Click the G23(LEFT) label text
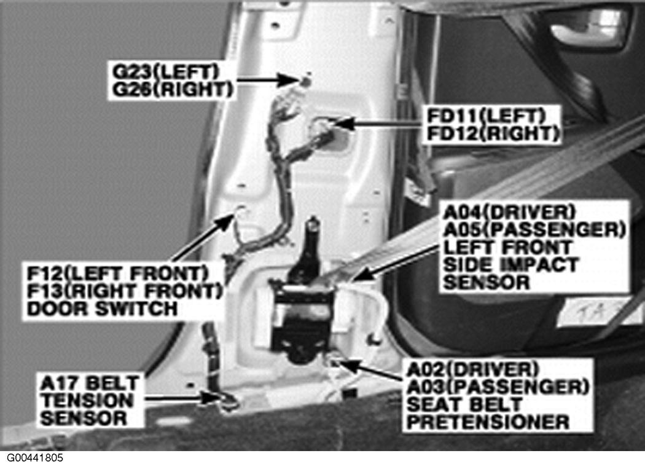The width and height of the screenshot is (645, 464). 165,71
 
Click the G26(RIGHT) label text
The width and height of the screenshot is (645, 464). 173,89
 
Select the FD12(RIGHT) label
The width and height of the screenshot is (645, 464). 493,133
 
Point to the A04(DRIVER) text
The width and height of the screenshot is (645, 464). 509,212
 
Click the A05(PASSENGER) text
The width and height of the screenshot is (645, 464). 534,229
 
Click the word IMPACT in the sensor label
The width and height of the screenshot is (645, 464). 541,265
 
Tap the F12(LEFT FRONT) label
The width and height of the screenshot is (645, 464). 118,273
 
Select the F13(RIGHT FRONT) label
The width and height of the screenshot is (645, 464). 125,291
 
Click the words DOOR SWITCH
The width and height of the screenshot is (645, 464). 102,309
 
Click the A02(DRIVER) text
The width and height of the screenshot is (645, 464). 472,369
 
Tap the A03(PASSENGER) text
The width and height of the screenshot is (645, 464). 498,387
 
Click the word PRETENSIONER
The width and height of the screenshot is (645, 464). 488,422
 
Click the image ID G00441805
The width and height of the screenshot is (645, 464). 35,458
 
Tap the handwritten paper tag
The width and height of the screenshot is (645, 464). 599,312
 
